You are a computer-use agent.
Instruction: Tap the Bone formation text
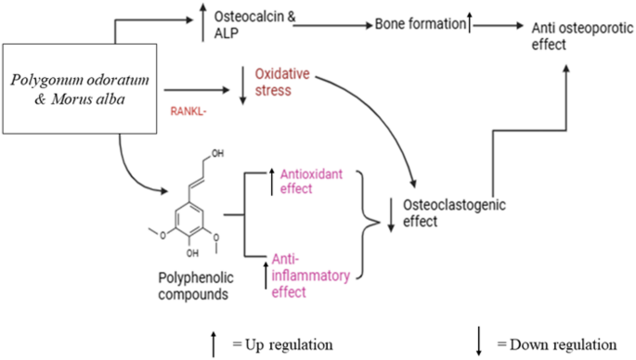tap(418, 24)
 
